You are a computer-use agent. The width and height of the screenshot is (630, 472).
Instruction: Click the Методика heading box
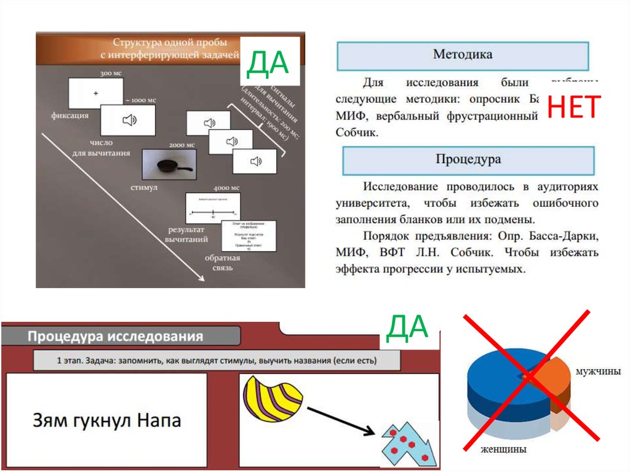[462, 55]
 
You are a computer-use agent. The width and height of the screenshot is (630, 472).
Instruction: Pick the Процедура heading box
[468, 160]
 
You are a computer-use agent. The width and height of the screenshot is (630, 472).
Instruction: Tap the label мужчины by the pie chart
[597, 372]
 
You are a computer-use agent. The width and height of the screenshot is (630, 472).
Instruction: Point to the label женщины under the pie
[505, 449]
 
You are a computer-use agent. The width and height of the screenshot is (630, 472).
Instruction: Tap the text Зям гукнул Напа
[106, 421]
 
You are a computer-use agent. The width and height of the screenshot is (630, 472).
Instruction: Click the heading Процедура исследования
[114, 337]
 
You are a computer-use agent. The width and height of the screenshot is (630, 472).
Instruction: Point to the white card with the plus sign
[95, 93]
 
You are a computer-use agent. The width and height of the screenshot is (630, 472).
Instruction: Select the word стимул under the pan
[145, 187]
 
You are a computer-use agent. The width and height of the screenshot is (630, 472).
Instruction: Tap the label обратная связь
[222, 263]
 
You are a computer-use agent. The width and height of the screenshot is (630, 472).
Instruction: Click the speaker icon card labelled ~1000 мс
[128, 121]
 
